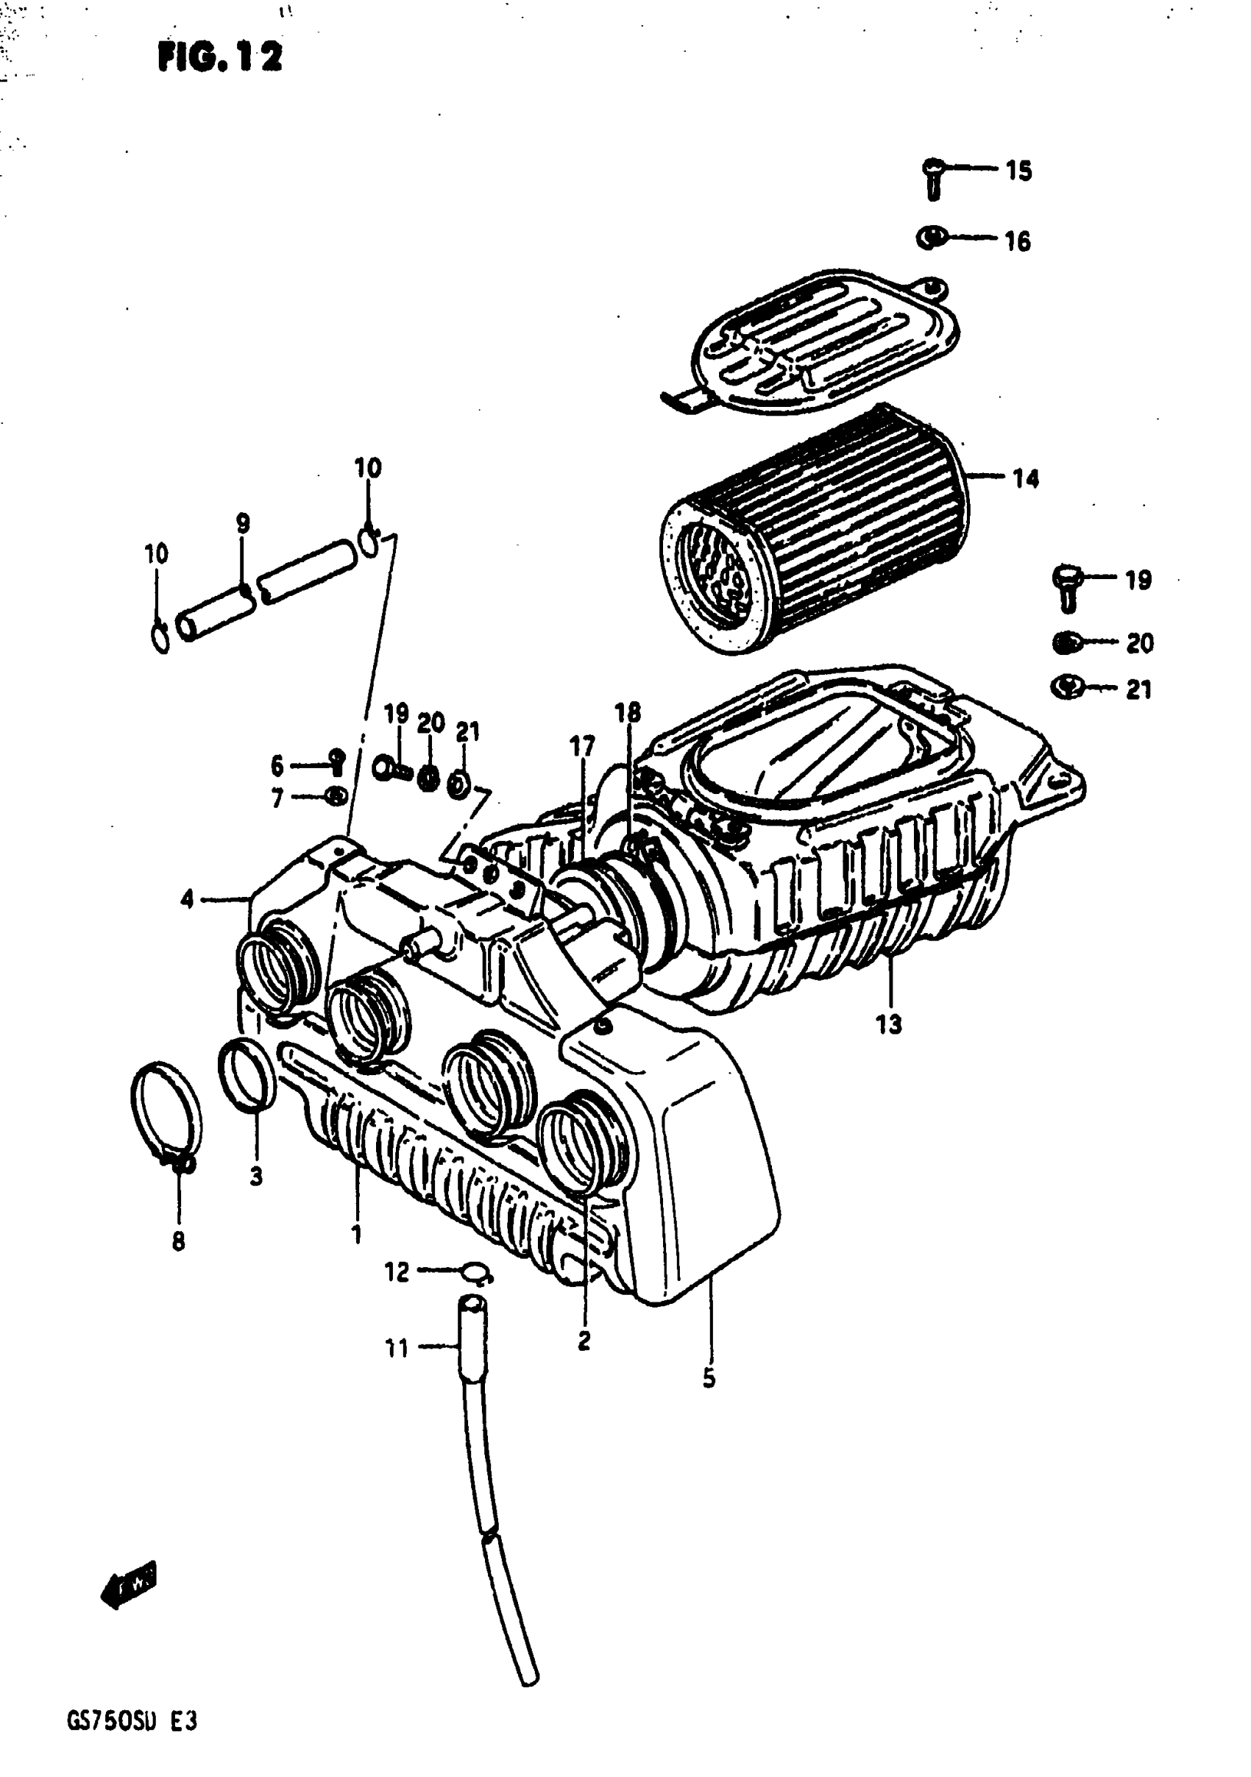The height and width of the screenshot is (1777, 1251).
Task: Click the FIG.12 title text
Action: point(220,57)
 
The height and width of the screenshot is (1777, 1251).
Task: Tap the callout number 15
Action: point(1018,170)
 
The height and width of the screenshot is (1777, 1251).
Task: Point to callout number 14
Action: point(1026,479)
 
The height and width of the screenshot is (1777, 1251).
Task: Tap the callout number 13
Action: point(889,1024)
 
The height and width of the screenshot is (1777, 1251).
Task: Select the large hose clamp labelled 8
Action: point(166,1115)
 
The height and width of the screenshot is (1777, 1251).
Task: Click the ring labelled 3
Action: point(247,1076)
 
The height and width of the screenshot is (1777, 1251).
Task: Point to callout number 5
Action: point(709,1378)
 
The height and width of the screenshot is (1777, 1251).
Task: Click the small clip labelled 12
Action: point(476,1271)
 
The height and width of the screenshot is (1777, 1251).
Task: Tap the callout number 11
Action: point(397,1349)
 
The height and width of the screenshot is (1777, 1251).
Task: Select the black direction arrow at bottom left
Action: point(129,1582)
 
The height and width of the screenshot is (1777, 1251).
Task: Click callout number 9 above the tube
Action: point(243,523)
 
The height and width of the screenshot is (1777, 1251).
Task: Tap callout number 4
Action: point(188,899)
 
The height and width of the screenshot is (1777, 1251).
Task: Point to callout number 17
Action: point(582,746)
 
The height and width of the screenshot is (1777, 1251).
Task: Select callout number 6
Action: point(277,766)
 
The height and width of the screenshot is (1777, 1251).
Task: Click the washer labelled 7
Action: point(336,795)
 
